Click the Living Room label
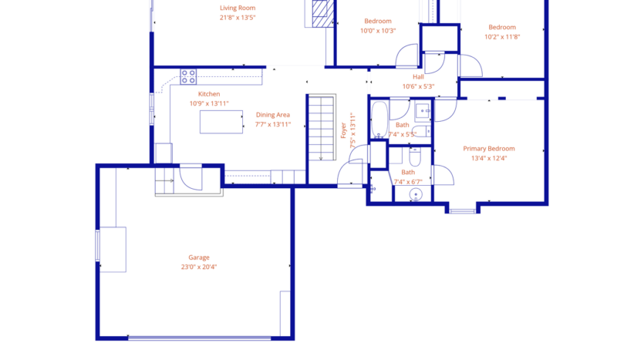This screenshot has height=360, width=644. coord(237,8)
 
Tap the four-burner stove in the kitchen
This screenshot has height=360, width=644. coord(188,76)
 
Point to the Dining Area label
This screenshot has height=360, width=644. coord(272,115)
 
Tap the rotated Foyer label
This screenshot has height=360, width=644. coord(344,130)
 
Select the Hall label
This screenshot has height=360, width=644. coord(418,77)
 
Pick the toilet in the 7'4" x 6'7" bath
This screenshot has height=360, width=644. coord(414,158)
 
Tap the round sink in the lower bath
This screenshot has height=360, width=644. coord(416,194)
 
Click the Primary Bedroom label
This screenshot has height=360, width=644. coord(488,149)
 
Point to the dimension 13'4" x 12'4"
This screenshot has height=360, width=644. coord(488,158)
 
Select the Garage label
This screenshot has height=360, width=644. coord(199,257)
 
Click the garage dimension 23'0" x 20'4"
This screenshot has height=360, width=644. coord(199,267)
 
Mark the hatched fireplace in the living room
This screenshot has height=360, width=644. coord(321,13)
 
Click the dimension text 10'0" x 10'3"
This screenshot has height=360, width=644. coord(378,31)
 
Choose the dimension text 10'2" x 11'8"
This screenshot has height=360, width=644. coord(502,36)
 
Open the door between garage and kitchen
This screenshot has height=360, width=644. coord(190,178)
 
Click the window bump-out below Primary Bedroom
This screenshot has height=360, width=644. coord(463,207)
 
